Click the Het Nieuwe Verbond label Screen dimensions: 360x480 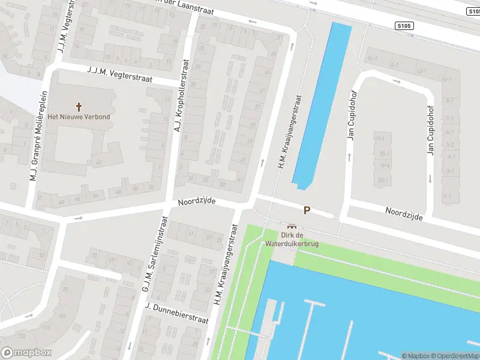[79, 116]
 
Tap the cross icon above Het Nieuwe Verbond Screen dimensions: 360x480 [79, 106]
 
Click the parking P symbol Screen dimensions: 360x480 [307, 211]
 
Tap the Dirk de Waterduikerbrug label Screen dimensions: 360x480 [292, 240]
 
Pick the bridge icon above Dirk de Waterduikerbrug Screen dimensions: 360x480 [292, 226]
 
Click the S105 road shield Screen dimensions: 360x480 [404, 25]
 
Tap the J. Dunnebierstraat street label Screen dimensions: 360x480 [176, 313]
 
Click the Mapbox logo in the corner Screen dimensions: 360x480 [26, 353]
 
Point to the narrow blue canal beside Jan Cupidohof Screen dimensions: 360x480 [321, 102]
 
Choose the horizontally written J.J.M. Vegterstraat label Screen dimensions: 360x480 [119, 76]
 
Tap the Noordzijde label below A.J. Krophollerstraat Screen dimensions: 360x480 [196, 202]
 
